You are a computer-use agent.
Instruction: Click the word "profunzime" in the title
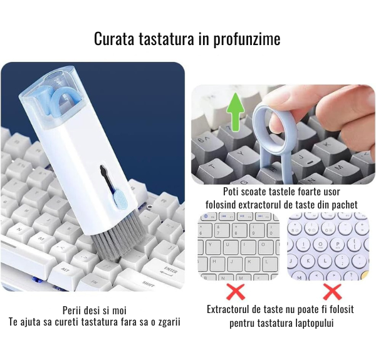pyautogui.click(x=247, y=39)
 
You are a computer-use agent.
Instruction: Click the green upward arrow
pyautogui.click(x=236, y=112)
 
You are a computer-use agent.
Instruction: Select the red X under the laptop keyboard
pyautogui.click(x=236, y=292)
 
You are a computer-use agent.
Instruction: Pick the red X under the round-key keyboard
pyautogui.click(x=332, y=292)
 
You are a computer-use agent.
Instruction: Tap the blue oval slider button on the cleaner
pyautogui.click(x=120, y=198)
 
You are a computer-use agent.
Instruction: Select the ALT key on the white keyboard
pyautogui.click(x=65, y=270)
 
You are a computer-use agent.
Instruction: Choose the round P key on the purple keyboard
pyautogui.click(x=338, y=245)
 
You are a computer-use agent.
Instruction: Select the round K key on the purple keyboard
pyautogui.click(x=308, y=260)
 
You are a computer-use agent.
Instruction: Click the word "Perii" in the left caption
pyautogui.click(x=71, y=311)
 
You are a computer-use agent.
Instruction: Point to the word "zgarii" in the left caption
pyautogui.click(x=169, y=322)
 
